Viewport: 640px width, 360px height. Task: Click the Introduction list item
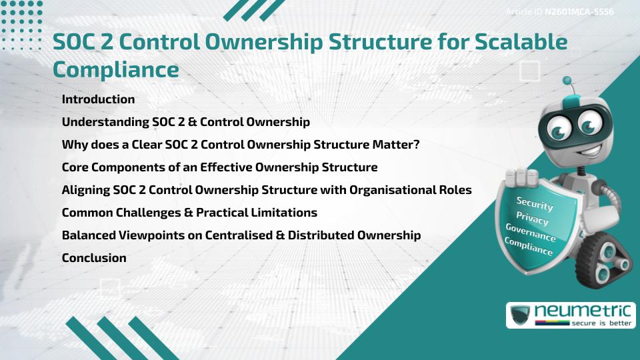click(98, 99)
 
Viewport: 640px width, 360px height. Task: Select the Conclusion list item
click(94, 257)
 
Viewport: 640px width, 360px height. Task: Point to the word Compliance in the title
click(115, 69)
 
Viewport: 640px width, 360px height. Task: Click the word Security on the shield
click(534, 203)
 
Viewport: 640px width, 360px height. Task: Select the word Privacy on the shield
click(532, 217)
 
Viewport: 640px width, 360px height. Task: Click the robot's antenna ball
click(568, 81)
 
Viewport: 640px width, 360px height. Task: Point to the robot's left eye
click(557, 126)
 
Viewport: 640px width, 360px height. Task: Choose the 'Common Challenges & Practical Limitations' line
click(189, 213)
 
